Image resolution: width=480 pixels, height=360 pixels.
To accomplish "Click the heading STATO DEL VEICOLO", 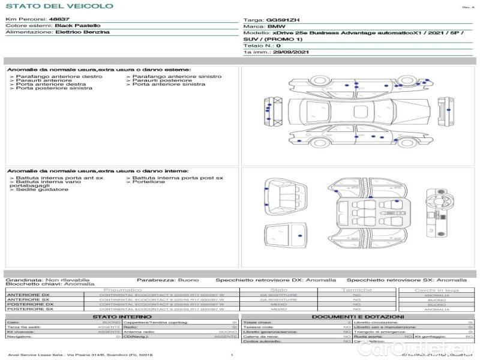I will (x=59, y=6).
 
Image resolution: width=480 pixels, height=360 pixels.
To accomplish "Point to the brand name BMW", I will (x=277, y=26).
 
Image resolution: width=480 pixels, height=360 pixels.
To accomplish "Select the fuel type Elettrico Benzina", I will (x=83, y=32).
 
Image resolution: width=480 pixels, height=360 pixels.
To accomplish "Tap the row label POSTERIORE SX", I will (x=29, y=309).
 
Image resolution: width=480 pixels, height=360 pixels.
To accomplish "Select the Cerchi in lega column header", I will (x=436, y=290).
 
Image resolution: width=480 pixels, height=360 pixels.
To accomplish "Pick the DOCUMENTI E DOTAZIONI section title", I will (x=358, y=316).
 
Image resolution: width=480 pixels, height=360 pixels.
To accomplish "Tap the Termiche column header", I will (x=357, y=290).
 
